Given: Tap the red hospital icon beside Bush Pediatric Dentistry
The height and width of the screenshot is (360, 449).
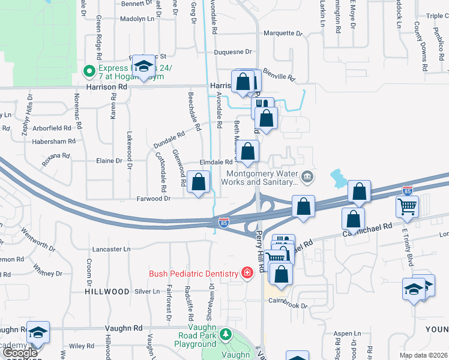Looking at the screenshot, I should pos(246,274).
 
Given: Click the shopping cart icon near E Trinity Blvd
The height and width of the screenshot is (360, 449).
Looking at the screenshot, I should pos(407,206).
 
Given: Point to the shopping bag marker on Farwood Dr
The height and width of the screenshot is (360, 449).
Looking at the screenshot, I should pos(199,182).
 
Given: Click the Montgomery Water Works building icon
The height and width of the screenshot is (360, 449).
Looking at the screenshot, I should pos(307,176).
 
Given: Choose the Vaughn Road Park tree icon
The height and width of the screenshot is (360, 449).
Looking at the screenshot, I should pos(225,333).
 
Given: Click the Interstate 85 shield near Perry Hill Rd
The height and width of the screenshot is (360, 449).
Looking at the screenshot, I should pos(223,223).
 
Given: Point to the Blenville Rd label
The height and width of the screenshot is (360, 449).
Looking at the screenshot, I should pos(280,76).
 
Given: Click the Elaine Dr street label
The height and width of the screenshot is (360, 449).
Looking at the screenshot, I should pos(109,161).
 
